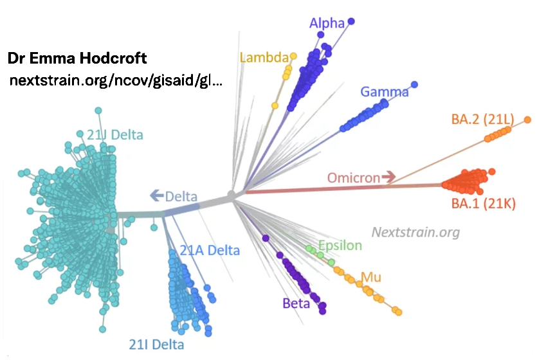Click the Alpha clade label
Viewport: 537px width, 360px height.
327,24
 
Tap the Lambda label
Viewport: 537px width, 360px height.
264,58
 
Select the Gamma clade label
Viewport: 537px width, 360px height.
384,92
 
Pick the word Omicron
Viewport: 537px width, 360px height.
353,177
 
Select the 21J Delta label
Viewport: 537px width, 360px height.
114,135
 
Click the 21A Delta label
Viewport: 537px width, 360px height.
209,250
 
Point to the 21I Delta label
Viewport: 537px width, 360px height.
152,343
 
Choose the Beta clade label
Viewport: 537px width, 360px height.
296,303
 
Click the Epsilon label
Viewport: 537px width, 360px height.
340,246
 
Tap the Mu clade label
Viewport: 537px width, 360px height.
370,278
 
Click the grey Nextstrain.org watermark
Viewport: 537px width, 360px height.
415,232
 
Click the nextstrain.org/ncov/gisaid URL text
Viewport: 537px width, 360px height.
116,82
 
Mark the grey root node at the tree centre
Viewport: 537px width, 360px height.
232,194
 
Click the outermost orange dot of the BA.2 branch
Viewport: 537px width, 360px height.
527,120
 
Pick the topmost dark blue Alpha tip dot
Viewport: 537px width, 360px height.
351,21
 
